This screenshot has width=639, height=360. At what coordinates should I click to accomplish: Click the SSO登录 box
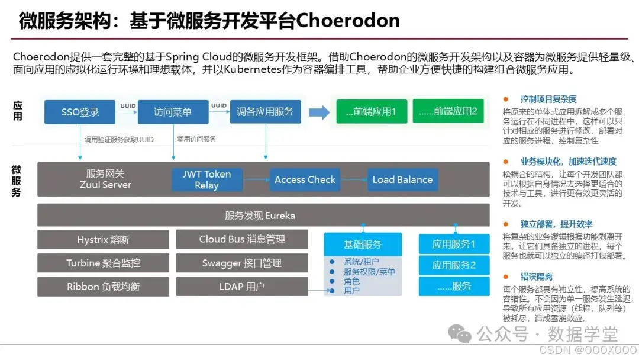coord(80,112)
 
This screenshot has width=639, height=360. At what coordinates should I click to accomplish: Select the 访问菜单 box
coord(173,112)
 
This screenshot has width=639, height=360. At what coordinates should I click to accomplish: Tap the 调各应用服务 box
coord(265,111)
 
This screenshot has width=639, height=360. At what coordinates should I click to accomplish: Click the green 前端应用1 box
coord(371,111)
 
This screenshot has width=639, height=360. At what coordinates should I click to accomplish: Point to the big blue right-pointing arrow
coord(319,111)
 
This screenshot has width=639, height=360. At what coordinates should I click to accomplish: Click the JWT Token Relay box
coord(206,179)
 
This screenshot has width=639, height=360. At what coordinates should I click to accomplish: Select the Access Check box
coord(305,179)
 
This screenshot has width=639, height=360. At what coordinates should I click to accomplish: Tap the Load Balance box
coord(402,179)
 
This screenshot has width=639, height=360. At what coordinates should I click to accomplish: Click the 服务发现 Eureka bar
coord(263,216)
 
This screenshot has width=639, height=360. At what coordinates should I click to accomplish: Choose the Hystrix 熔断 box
coord(103,240)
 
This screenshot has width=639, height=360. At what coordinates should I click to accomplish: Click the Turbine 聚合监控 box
coord(103,263)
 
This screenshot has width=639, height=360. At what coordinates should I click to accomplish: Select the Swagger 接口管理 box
coord(241,263)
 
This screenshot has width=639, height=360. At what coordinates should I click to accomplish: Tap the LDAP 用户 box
coord(241,287)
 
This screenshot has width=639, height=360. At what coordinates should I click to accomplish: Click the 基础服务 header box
coord(363,244)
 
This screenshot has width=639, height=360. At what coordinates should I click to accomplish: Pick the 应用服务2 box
coord(454,265)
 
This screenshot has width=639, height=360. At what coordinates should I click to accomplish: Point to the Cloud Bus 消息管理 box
coord(241,239)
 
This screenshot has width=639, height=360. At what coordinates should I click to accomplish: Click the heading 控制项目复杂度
coord(548,99)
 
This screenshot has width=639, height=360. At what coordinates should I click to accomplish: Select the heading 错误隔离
coord(536,277)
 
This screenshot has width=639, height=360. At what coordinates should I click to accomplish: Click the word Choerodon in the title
coord(347,21)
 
